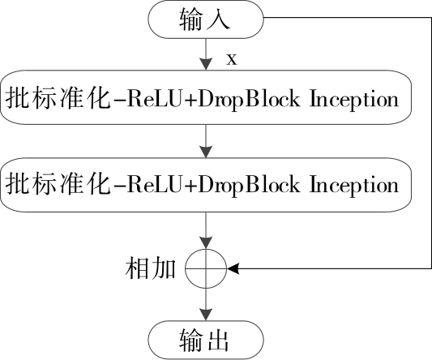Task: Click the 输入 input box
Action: click(x=206, y=19)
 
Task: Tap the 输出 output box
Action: click(x=206, y=340)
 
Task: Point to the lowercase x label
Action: click(x=232, y=59)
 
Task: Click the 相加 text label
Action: click(x=151, y=268)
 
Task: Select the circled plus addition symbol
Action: click(x=206, y=268)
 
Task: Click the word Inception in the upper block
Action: click(x=354, y=99)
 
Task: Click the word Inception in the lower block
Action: click(x=354, y=185)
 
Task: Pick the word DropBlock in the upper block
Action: click(x=249, y=99)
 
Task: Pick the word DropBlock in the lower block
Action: click(x=249, y=185)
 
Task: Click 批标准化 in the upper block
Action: click(x=58, y=98)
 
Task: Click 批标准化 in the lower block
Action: click(x=58, y=184)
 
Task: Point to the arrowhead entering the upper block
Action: click(x=206, y=64)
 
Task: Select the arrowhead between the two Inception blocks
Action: click(x=206, y=152)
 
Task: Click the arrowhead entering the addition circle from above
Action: click(x=206, y=242)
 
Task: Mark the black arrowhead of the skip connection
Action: click(x=233, y=268)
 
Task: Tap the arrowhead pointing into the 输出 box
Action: click(x=206, y=315)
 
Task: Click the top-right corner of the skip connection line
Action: click(x=431, y=18)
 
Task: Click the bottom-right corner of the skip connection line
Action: click(x=431, y=268)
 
